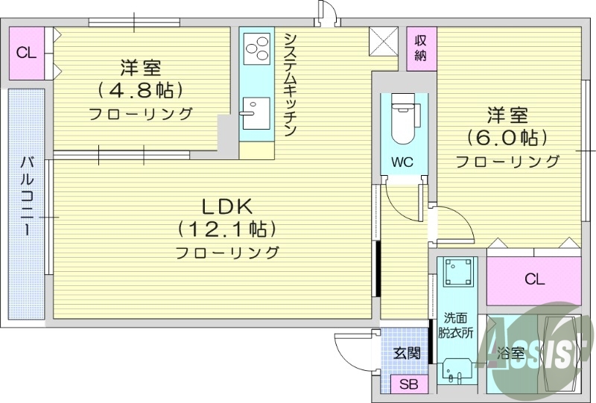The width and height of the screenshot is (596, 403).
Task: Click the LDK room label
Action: [x=227, y=206]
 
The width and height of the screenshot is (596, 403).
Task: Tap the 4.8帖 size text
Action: [x=141, y=91]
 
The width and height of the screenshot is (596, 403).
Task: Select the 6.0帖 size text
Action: [x=507, y=138]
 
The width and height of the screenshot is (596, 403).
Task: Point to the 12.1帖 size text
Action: [x=227, y=228]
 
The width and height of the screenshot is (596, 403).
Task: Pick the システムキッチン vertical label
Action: [x=291, y=83]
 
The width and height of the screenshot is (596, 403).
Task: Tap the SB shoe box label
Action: [x=408, y=384]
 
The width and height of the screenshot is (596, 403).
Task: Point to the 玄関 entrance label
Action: [x=406, y=353]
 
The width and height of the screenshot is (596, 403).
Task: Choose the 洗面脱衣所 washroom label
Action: [x=456, y=326]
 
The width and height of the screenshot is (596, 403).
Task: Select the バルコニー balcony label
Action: [x=27, y=195]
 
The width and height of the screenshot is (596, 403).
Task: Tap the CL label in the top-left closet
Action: [x=26, y=53]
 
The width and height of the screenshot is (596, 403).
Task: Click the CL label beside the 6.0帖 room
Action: [x=533, y=280]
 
